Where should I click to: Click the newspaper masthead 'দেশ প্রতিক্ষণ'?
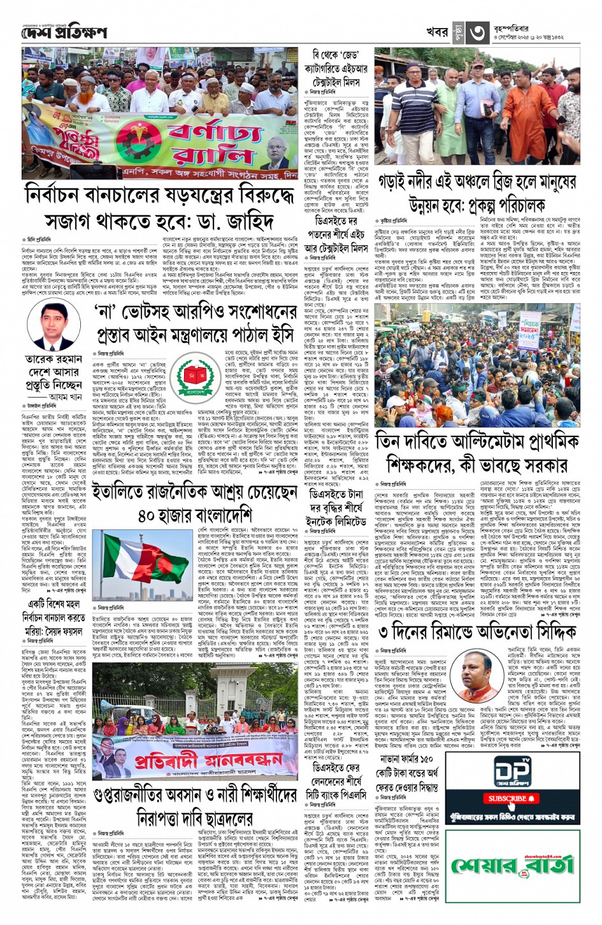click(x=64, y=32)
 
